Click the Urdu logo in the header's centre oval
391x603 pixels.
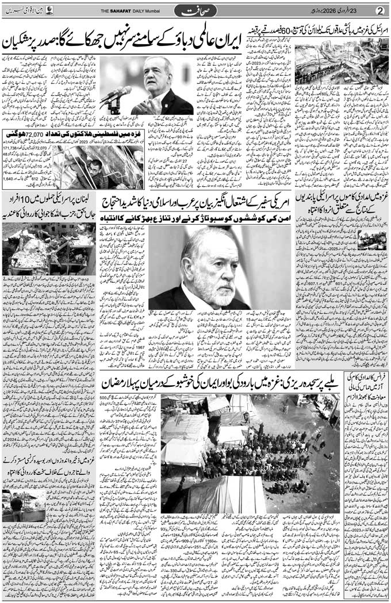pos(195,10)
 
